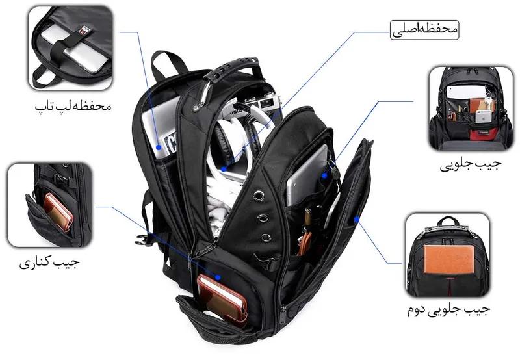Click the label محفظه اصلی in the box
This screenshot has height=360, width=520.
(424, 30)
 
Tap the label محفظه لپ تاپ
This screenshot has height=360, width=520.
(73, 105)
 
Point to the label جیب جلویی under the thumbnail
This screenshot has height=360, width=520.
(470, 164)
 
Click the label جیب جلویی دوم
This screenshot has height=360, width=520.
(448, 309)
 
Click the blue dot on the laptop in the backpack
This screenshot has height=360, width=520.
(159, 148)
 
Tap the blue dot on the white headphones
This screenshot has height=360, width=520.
(224, 169)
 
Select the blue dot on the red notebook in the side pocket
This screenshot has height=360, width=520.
(218, 277)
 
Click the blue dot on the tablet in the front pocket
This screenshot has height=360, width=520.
(324, 175)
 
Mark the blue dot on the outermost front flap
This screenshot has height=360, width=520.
(356, 219)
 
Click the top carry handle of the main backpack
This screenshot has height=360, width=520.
(232, 68)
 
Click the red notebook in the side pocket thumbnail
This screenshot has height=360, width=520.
(58, 212)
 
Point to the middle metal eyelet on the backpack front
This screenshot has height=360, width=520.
(263, 218)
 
